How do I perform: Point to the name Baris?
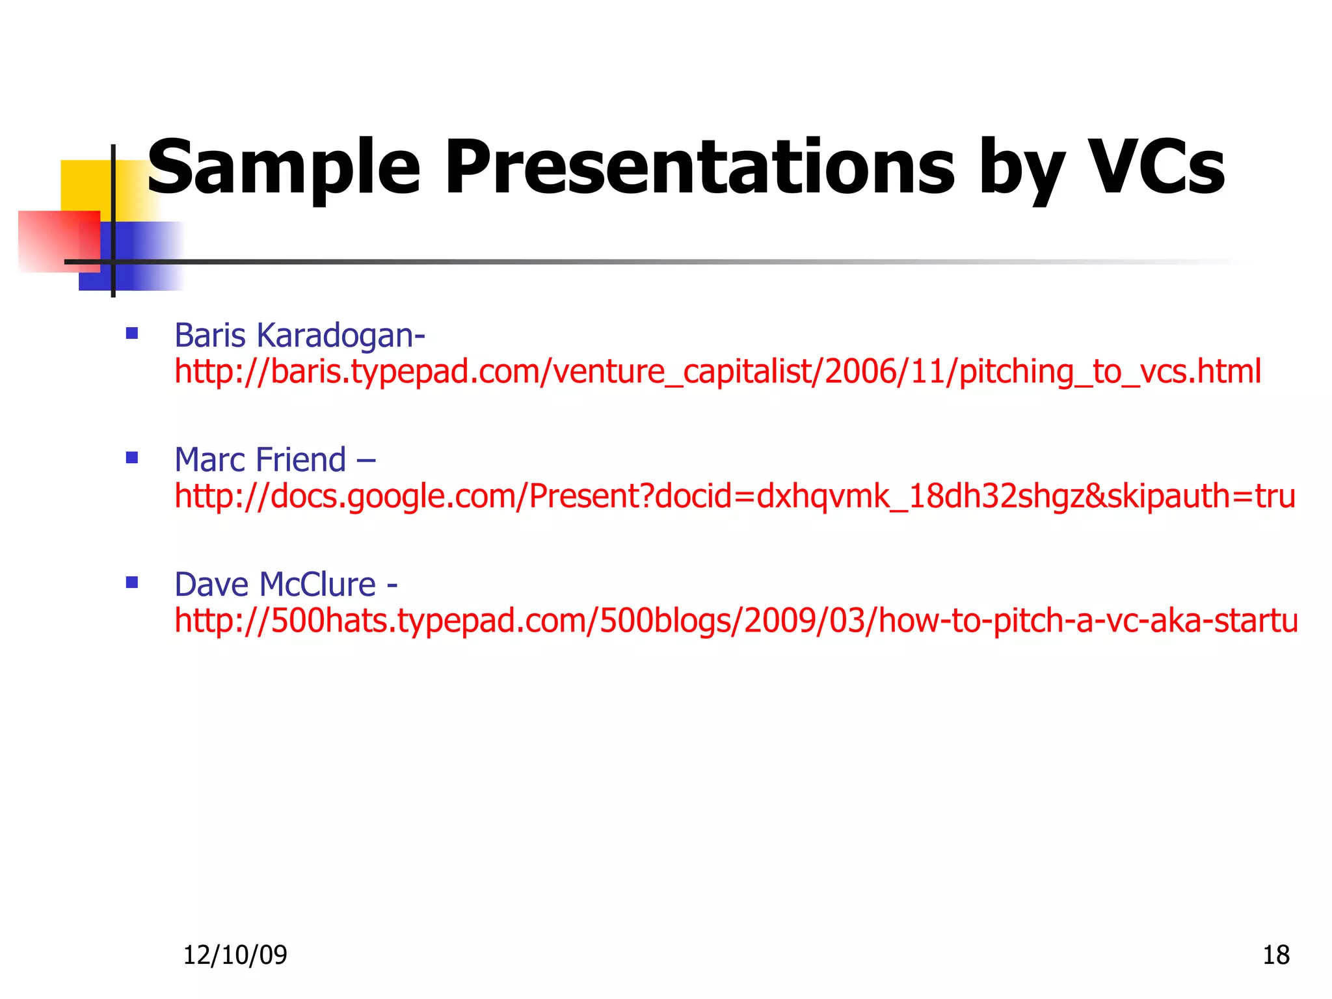tap(209, 336)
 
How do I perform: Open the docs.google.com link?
tap(735, 496)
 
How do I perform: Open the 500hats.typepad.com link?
tap(736, 620)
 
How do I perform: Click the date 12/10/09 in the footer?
tap(235, 955)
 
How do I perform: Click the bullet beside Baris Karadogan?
tap(132, 334)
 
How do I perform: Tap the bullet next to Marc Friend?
tap(132, 458)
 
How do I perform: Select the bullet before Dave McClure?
tap(132, 582)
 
